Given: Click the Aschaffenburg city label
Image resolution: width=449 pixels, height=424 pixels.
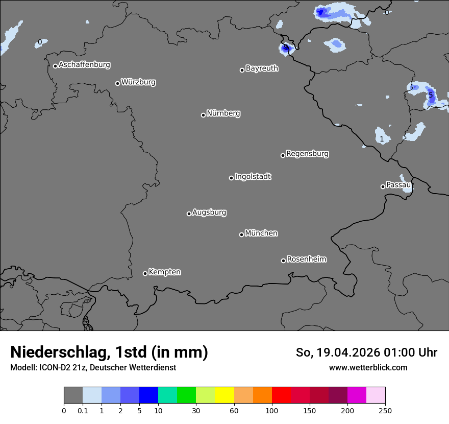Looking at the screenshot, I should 84,65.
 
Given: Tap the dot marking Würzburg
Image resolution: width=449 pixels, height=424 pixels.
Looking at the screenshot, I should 117,83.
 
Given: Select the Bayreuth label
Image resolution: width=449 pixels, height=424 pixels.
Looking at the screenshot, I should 262,68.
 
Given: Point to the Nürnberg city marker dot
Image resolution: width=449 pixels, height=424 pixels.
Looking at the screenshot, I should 203,115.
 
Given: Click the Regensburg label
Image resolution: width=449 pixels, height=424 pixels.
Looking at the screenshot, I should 307,154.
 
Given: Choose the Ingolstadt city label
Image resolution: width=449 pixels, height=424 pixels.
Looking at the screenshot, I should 253,177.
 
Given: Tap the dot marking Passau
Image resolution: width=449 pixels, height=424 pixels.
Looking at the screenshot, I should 383,186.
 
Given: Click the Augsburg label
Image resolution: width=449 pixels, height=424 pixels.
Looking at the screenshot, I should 209,213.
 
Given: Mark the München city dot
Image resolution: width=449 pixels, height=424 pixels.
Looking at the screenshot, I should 241,234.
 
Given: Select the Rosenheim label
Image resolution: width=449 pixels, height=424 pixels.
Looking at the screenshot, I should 306,260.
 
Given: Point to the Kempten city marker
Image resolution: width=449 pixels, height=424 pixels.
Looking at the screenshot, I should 145,273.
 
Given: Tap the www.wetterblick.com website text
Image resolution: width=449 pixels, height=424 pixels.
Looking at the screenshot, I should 368,367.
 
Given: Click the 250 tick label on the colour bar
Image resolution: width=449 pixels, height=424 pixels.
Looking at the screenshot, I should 385,410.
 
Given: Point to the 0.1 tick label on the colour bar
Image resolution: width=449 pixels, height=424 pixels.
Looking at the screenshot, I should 83,410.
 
